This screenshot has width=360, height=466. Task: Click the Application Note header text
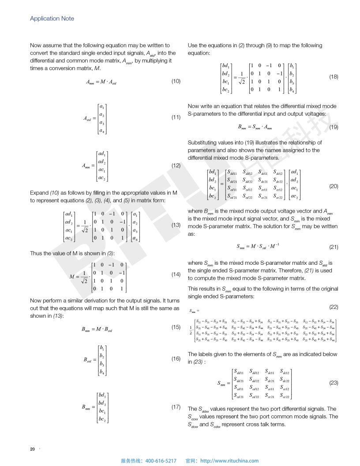52,19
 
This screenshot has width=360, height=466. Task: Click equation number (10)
176,81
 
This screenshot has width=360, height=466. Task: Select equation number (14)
176,274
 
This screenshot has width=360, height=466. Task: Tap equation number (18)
334,77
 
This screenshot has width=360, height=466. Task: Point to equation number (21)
334,247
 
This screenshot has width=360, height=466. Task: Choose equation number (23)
334,383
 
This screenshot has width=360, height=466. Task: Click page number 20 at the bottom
32,449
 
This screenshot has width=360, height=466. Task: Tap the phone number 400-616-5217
161,461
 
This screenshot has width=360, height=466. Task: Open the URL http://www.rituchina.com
229,461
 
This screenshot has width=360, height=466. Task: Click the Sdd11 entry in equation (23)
241,373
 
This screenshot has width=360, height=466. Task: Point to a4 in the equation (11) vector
102,131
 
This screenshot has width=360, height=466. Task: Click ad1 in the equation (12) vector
101,154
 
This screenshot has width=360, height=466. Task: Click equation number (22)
334,306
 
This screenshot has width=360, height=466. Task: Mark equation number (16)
176,359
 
